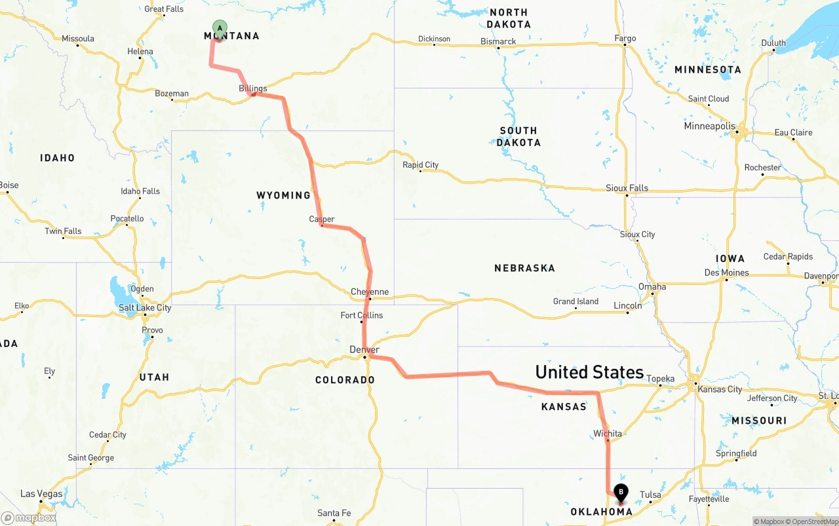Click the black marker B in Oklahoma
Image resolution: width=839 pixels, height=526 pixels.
620,492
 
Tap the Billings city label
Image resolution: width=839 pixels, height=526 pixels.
253,88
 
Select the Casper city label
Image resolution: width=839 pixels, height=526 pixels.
322,219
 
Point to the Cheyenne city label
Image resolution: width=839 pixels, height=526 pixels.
370,292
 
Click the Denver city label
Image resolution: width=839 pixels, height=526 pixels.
364,350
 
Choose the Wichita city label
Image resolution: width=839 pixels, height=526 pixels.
608,434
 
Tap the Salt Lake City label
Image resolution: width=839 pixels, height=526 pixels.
145,308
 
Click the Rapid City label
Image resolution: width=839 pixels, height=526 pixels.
420,165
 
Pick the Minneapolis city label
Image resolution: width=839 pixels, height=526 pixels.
710,126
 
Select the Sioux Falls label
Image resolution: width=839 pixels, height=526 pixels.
627,188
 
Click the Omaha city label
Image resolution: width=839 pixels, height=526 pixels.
652,287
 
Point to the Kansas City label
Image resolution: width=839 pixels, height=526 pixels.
720,389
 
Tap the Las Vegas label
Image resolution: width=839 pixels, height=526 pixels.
41,494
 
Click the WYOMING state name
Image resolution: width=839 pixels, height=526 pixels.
283,195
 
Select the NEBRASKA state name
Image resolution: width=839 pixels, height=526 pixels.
524,268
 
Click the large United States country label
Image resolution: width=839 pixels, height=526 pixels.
589,372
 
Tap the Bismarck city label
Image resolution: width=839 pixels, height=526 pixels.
498,41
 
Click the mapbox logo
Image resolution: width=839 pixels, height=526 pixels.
29,518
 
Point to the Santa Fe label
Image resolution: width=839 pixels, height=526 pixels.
334,513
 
